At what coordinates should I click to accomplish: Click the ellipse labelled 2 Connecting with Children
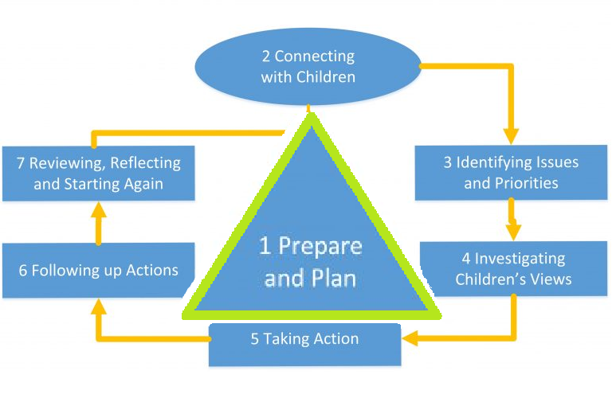[x=308, y=67]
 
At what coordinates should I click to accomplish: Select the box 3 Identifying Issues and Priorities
[x=511, y=172]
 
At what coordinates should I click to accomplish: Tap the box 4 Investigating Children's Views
[x=513, y=268]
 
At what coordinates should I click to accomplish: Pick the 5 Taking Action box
[x=304, y=343]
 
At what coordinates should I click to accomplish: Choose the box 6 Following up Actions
[x=98, y=270]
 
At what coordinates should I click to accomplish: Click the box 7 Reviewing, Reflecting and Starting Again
[x=98, y=173]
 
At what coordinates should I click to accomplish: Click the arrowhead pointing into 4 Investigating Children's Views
[x=514, y=230]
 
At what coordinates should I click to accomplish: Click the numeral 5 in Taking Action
[x=255, y=339]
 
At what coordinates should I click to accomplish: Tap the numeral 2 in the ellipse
[x=266, y=57]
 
